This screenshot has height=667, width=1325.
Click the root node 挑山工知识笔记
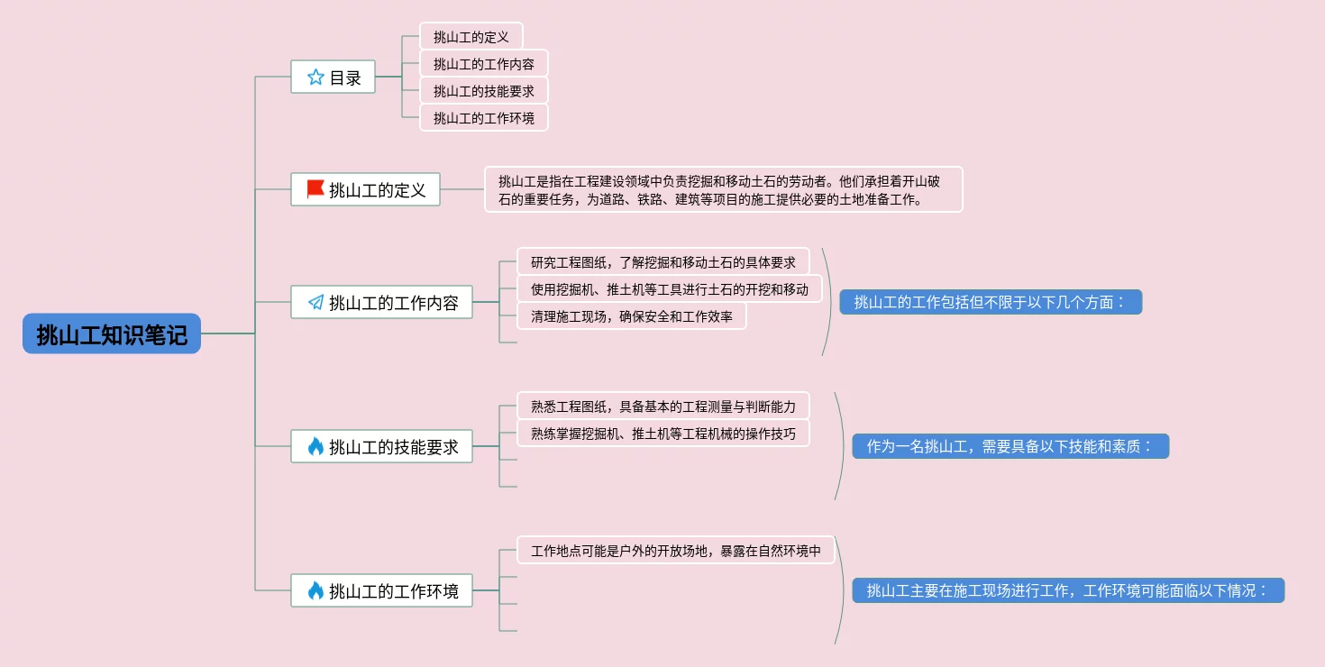(112, 334)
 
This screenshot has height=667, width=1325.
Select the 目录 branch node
(333, 78)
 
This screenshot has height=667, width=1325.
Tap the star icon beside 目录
(315, 78)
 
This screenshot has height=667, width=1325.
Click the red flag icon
(315, 189)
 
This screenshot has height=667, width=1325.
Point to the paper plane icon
(315, 302)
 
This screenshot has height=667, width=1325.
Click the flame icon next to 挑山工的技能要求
(315, 446)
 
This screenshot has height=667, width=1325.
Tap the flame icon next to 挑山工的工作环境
(315, 590)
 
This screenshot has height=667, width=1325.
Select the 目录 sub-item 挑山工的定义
(471, 37)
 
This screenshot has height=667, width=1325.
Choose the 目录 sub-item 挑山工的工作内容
(483, 64)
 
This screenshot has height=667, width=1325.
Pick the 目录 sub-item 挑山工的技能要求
(483, 91)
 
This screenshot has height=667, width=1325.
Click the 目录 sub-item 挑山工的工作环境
(483, 118)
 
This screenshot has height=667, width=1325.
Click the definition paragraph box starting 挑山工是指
(723, 189)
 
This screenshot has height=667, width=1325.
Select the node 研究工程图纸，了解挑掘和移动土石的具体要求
(662, 262)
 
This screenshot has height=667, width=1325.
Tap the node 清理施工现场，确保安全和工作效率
(631, 316)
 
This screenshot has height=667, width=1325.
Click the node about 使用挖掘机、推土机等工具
(669, 289)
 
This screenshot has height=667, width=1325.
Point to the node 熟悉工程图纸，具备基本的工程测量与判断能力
(662, 407)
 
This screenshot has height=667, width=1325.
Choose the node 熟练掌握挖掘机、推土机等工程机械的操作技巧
(662, 434)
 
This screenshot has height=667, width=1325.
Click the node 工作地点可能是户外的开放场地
(675, 551)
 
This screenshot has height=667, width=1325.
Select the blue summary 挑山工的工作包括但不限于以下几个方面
(990, 302)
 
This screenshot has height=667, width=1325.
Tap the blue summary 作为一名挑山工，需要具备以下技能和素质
(1010, 446)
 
